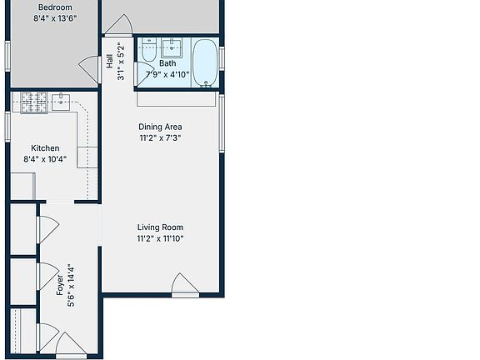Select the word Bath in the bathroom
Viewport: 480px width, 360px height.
pyautogui.click(x=167, y=63)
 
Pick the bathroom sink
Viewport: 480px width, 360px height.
pyautogui.click(x=172, y=45)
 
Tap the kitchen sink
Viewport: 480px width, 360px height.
pyautogui.click(x=61, y=102)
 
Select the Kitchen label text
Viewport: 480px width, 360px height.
pyautogui.click(x=45, y=148)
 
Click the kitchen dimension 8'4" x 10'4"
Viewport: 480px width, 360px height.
pyautogui.click(x=45, y=159)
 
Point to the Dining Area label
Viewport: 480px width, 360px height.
pyautogui.click(x=160, y=127)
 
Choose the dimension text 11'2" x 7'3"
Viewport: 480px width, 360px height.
pyautogui.click(x=160, y=138)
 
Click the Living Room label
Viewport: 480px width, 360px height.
pyautogui.click(x=160, y=227)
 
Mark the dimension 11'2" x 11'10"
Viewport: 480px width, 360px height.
pyautogui.click(x=160, y=238)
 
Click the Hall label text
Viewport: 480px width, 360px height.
pyautogui.click(x=109, y=62)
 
